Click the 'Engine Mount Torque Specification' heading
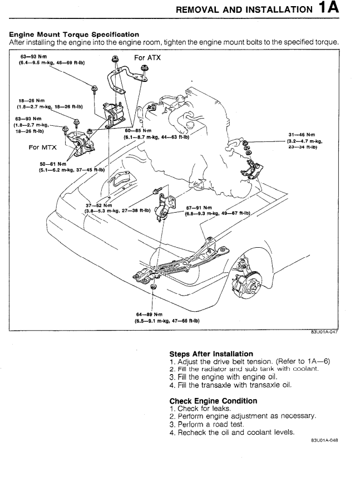(x=74, y=35)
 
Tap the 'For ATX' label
(x=147, y=57)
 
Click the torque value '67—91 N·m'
(x=199, y=208)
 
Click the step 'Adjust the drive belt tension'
(x=225, y=361)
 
